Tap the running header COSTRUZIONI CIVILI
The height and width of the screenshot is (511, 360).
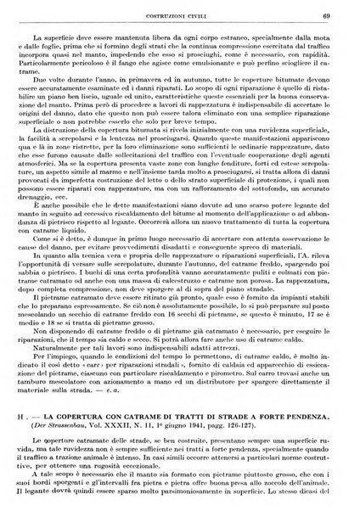pyautogui.click(x=180, y=10)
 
